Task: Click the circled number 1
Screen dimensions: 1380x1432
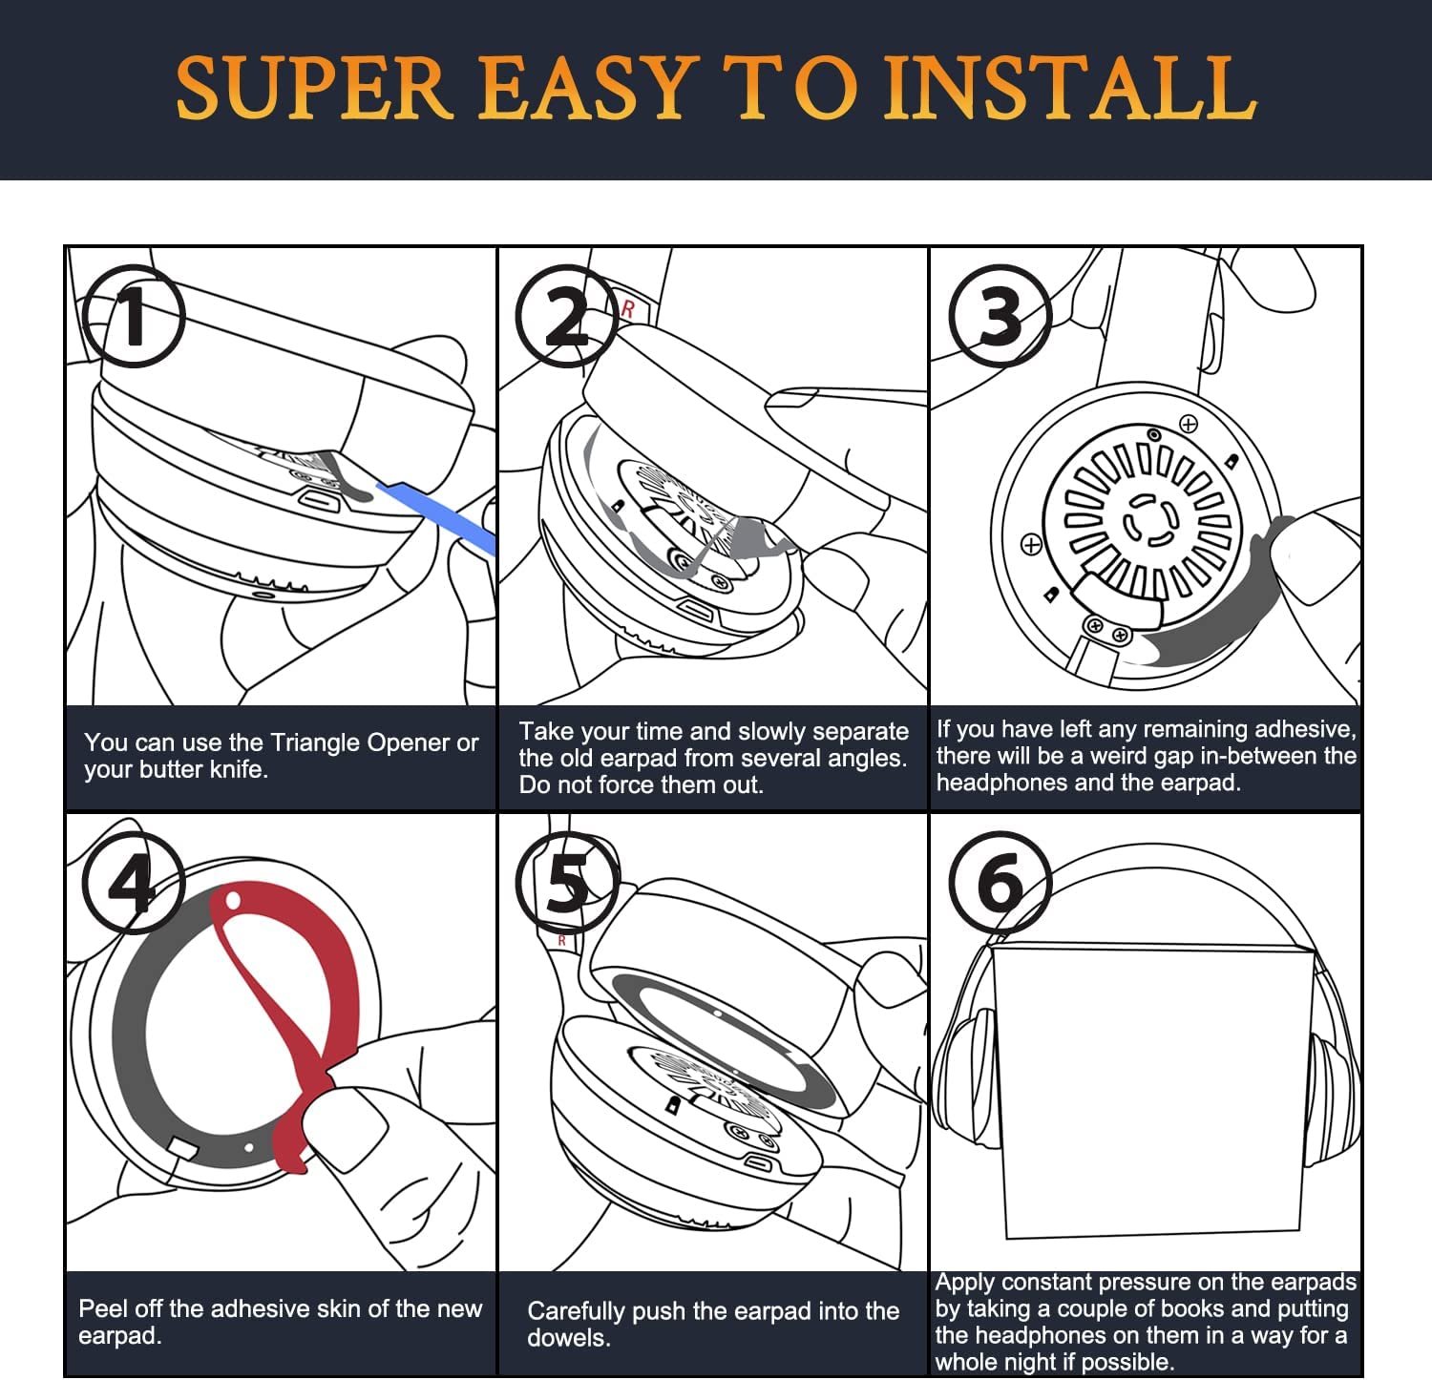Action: (x=133, y=316)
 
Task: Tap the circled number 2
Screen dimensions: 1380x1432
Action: (x=566, y=316)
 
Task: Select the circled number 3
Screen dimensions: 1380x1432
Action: (x=1000, y=316)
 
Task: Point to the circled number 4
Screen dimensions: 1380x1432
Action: (x=133, y=883)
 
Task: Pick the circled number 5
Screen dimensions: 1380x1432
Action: (x=566, y=883)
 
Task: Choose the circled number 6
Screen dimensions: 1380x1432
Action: (x=1000, y=883)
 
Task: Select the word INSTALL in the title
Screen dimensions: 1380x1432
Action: (x=1069, y=88)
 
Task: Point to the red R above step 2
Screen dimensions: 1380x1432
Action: (x=627, y=310)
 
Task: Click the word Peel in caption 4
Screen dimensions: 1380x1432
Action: (x=99, y=1308)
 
